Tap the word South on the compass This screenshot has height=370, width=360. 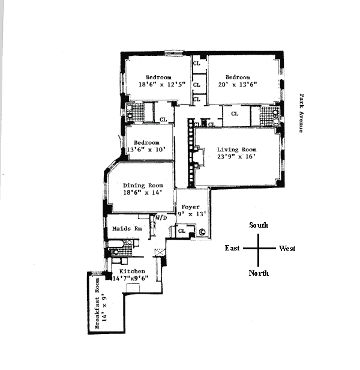[x=259, y=225]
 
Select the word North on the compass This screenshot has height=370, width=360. [x=259, y=273]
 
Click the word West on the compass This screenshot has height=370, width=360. [x=286, y=248]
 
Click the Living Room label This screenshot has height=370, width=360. [x=236, y=149]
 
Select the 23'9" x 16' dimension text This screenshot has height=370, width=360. [x=236, y=157]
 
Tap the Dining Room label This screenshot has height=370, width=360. [x=143, y=186]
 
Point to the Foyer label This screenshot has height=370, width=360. [x=190, y=207]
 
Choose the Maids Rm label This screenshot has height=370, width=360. [x=127, y=229]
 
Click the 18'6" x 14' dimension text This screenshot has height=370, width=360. [x=143, y=193]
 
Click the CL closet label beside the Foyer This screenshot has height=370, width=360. [x=181, y=231]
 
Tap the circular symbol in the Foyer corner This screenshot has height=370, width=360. [x=202, y=232]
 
